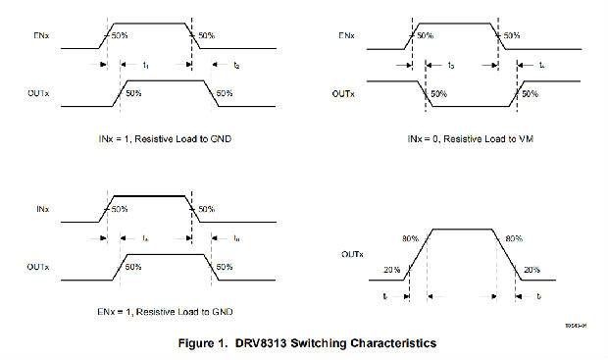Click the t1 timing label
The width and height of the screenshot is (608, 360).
[x=145, y=65]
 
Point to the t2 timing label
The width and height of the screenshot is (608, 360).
[x=235, y=65]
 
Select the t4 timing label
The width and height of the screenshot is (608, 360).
[x=543, y=65]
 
